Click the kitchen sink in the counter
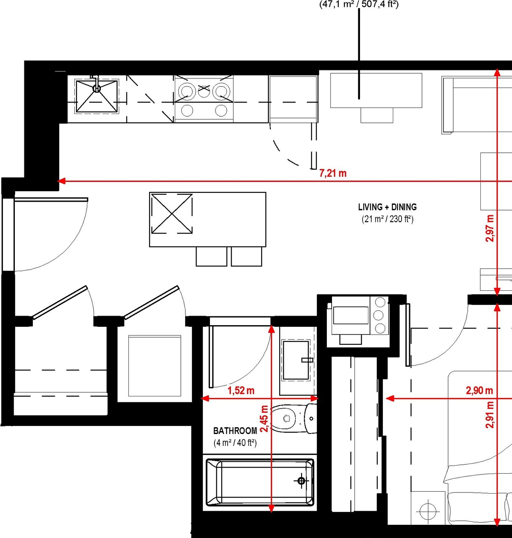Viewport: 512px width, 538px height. [97, 96]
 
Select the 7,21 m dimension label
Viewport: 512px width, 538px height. [333, 173]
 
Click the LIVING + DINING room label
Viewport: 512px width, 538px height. [387, 207]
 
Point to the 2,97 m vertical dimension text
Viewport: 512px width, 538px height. [490, 228]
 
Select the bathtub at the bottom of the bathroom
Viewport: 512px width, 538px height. [260, 482]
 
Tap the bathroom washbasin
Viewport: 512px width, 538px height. [296, 360]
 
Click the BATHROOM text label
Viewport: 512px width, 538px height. [235, 431]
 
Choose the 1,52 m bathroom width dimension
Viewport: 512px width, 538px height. [241, 390]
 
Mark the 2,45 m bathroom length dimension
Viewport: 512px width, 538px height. [264, 418]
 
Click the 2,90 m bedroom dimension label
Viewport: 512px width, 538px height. [479, 390]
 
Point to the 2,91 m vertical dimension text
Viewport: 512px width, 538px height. [490, 415]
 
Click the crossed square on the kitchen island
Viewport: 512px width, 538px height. [172, 214]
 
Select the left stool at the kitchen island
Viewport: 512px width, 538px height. [211, 256]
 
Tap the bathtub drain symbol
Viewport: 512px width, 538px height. [301, 481]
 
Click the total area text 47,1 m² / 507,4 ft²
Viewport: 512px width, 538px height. [359, 4]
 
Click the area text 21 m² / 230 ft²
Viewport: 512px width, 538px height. [387, 219]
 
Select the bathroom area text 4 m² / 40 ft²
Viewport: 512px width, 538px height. [235, 443]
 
